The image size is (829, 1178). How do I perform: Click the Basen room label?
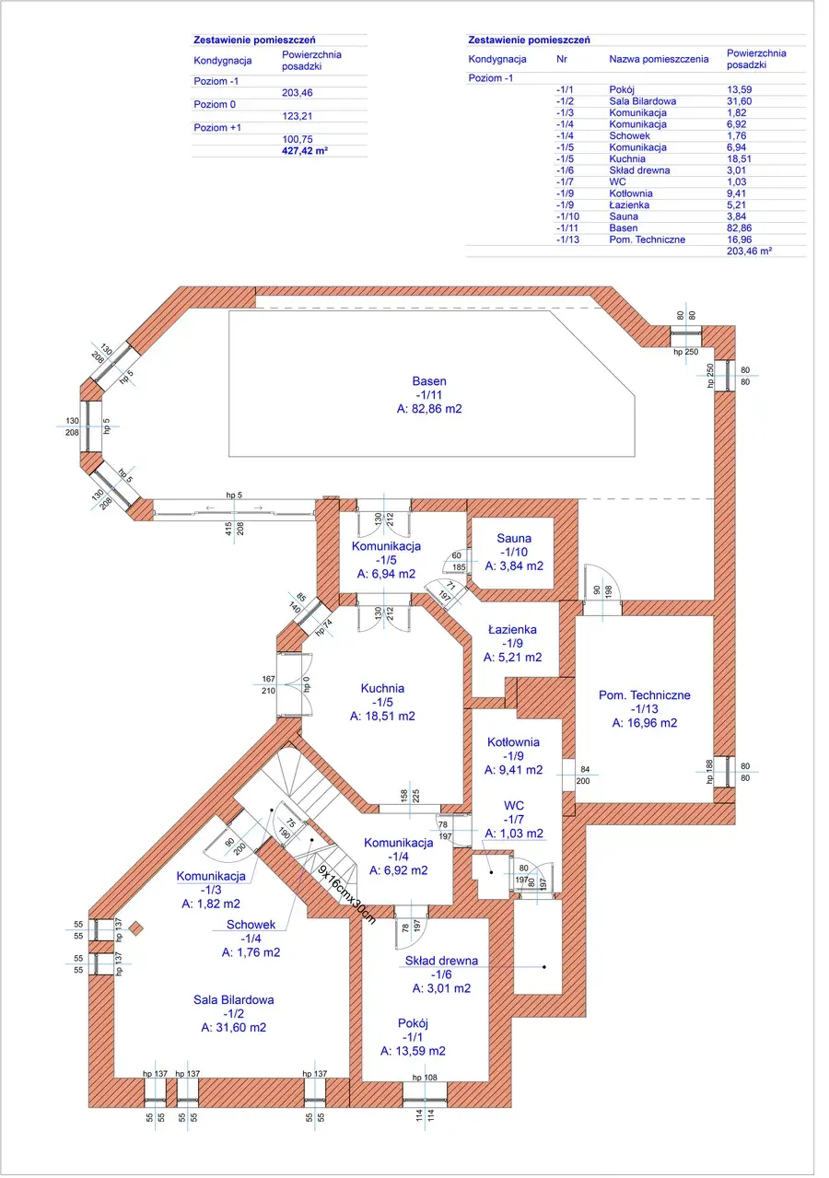[429, 380]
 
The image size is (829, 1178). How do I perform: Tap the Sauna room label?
[514, 538]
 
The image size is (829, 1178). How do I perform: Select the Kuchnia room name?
[382, 688]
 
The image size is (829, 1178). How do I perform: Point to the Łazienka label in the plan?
[513, 630]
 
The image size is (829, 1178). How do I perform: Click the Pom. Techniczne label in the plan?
[644, 695]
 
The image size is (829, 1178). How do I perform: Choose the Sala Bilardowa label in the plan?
[233, 999]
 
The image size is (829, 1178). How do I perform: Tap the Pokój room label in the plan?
[414, 1022]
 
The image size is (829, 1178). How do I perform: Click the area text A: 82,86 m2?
[428, 407]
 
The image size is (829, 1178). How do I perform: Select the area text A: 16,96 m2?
[644, 723]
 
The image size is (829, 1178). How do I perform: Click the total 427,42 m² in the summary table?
[305, 149]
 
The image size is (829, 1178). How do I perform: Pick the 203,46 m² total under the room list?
[748, 251]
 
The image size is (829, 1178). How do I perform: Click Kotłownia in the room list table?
[631, 193]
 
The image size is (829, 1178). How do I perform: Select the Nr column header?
[562, 59]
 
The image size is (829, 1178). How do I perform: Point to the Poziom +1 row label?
[217, 127]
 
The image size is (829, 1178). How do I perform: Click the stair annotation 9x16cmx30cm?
[347, 892]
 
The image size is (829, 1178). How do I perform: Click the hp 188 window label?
[710, 771]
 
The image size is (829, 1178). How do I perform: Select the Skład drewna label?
[441, 961]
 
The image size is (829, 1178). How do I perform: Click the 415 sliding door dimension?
[228, 529]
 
